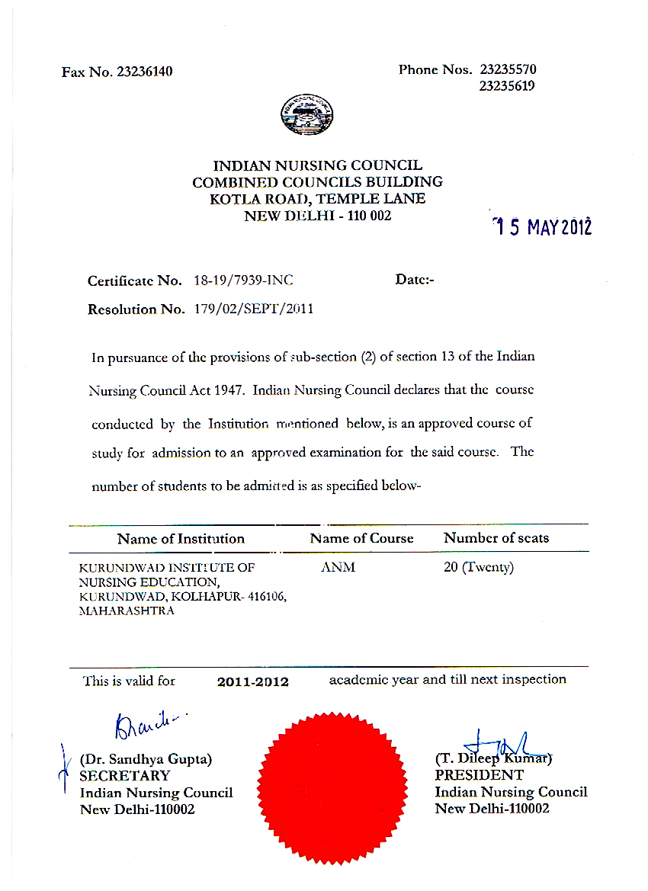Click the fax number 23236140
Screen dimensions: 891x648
144,72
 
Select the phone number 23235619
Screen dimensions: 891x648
507,86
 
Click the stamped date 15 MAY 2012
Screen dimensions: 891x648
542,226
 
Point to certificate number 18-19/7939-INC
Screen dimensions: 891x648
249,280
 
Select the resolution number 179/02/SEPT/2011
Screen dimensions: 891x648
254,309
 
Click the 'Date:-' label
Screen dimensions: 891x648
415,280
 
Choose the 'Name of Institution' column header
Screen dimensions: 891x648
181,539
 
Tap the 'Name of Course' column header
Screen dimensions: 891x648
361,538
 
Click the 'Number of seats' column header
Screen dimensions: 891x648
496,538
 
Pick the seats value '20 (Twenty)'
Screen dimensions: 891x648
479,568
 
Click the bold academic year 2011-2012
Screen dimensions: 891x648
253,681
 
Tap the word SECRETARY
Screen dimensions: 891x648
126,776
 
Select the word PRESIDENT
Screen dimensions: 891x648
479,775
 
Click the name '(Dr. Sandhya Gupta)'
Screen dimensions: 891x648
146,759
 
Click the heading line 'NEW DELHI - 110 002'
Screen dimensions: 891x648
317,216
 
